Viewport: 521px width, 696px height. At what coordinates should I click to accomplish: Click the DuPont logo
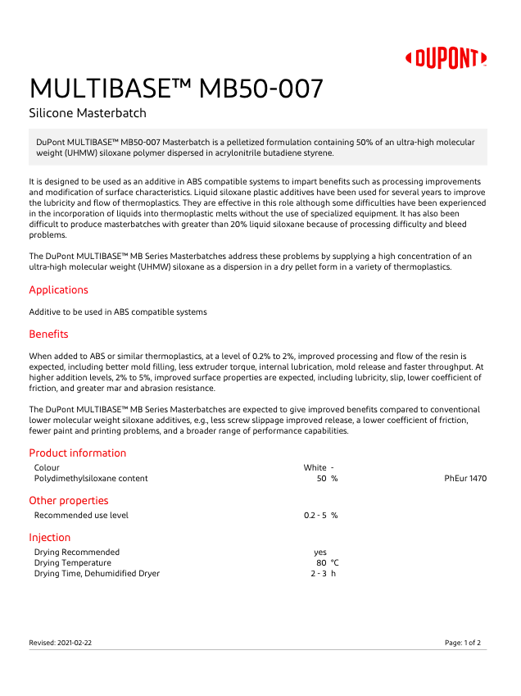(x=446, y=58)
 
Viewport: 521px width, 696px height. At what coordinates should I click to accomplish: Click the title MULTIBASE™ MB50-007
(x=176, y=88)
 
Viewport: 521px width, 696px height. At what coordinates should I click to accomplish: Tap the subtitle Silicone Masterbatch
(x=88, y=113)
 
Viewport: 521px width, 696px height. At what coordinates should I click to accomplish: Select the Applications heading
(x=58, y=290)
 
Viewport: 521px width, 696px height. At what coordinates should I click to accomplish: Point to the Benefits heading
(x=48, y=334)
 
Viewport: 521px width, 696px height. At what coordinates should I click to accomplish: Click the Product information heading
(x=78, y=453)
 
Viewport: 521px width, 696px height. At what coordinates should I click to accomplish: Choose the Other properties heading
(x=69, y=501)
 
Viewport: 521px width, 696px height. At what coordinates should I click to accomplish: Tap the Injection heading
(x=49, y=538)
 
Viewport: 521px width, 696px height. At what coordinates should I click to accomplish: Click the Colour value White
(x=315, y=468)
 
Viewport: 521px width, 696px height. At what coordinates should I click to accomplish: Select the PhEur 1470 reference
(x=465, y=478)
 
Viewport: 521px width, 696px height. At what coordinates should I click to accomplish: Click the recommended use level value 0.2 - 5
(x=315, y=516)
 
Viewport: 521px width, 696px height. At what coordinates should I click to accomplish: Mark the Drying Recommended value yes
(x=320, y=553)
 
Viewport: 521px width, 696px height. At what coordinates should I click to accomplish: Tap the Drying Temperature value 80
(x=321, y=563)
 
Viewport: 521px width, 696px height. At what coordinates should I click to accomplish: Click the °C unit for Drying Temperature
(x=334, y=563)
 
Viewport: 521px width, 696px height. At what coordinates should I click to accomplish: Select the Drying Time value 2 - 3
(x=318, y=574)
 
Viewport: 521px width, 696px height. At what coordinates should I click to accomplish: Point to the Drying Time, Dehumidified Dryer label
(x=97, y=574)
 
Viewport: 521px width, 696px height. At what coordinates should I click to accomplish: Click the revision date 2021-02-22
(x=75, y=643)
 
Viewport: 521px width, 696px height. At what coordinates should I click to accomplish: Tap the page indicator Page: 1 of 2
(x=463, y=643)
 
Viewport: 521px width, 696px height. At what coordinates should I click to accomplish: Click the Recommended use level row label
(x=81, y=516)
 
